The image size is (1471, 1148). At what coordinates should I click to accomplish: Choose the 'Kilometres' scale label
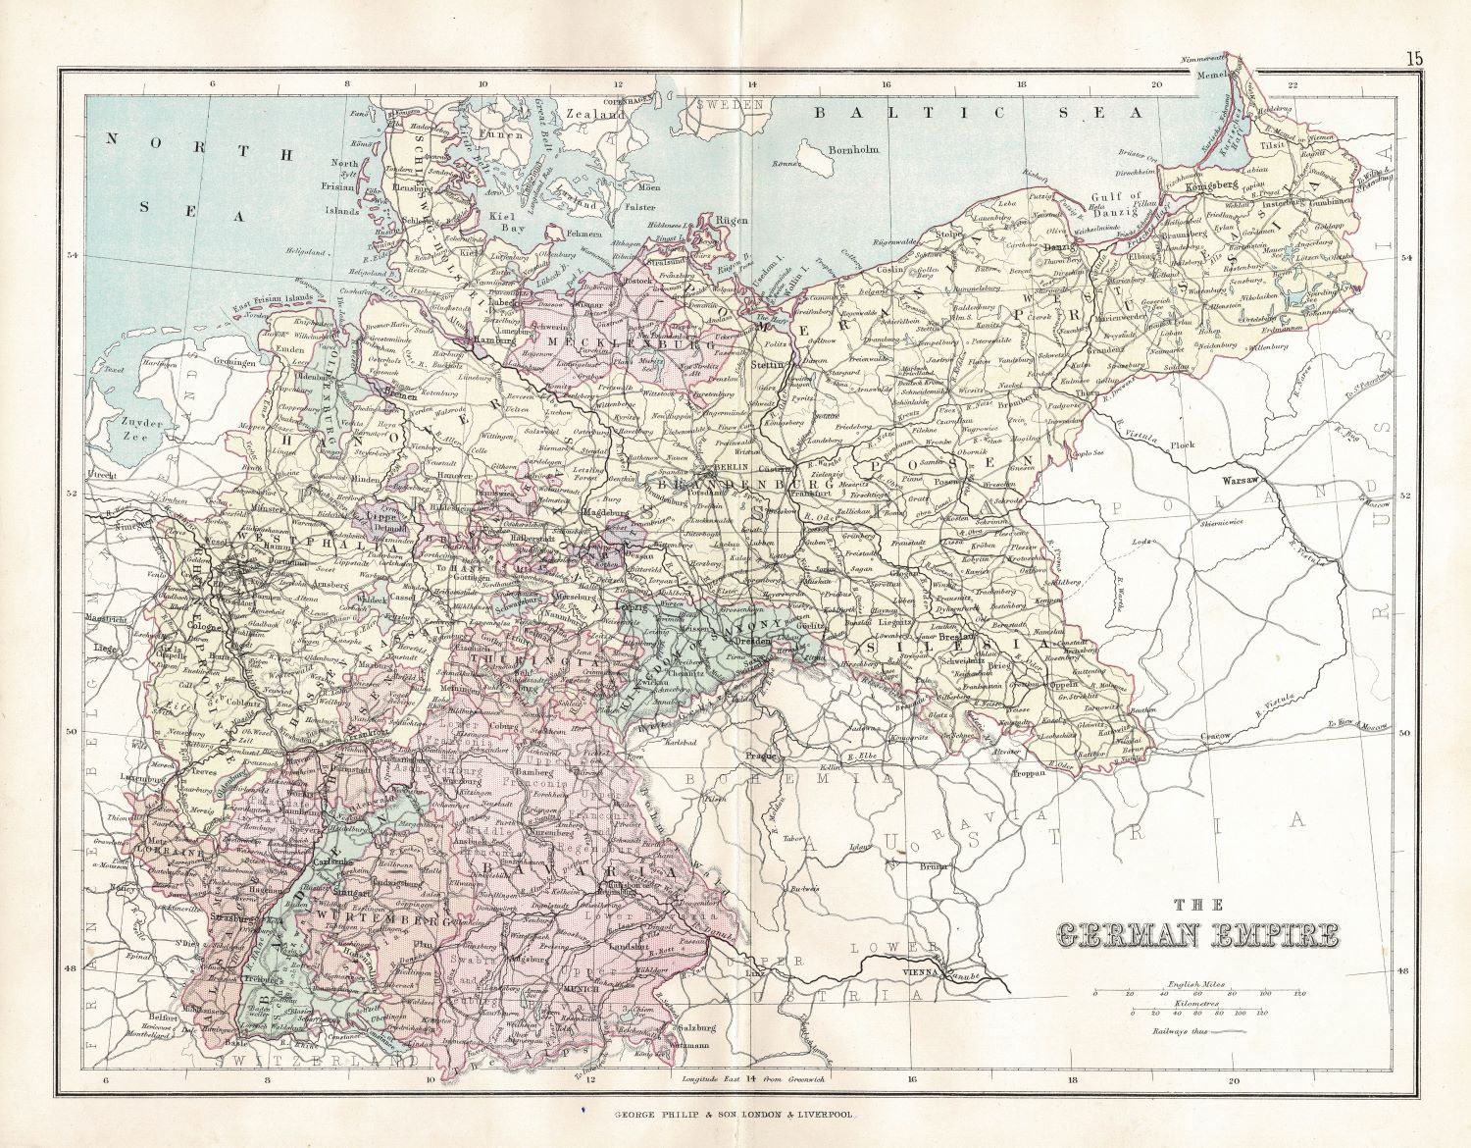coord(1192,1004)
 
